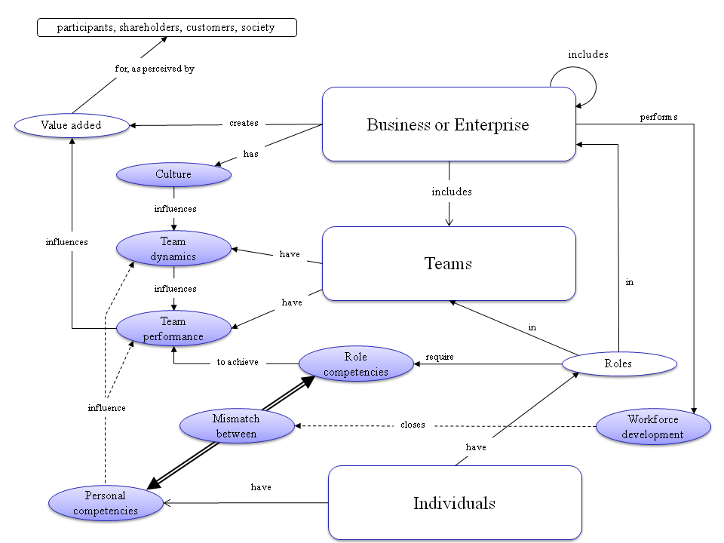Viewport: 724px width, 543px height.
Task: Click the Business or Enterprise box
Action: coord(449,124)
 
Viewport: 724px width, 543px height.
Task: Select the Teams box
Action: coord(449,264)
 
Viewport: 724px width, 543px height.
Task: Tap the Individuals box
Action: coord(455,503)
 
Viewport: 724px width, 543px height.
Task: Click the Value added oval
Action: coord(72,125)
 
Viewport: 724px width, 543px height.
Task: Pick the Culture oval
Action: coord(173,174)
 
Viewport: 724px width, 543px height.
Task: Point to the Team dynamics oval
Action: coord(173,249)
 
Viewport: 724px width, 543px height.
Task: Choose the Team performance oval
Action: coord(173,329)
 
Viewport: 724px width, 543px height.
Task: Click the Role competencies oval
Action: coord(356,364)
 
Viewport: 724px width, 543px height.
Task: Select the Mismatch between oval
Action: coord(237,426)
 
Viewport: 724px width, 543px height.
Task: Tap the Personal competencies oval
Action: coord(106,503)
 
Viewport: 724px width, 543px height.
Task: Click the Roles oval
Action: coord(618,364)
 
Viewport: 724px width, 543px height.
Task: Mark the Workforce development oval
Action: coord(653,427)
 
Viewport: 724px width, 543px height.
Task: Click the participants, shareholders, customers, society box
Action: coord(167,28)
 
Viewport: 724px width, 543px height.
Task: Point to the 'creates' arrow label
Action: coord(244,123)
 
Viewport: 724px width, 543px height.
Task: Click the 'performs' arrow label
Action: coord(658,117)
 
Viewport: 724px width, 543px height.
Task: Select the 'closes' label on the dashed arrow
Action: coord(413,425)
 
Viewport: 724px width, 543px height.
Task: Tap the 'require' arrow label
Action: coord(440,357)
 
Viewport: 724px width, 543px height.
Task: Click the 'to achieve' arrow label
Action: coord(238,362)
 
